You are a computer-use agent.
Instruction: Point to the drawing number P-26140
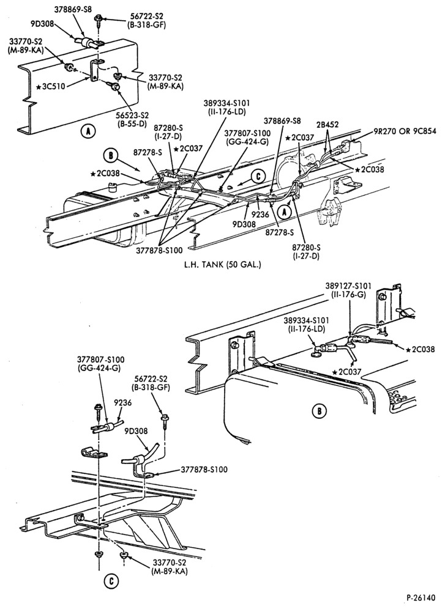point(421,597)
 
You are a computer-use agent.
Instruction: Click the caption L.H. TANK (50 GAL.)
point(222,265)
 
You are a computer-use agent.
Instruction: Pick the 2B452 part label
point(327,125)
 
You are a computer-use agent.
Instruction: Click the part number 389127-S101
point(348,286)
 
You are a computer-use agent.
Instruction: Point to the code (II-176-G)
point(349,294)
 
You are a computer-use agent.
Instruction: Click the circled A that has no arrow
point(88,131)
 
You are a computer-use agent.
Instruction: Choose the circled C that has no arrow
point(111,581)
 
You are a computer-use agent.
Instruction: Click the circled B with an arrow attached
point(111,156)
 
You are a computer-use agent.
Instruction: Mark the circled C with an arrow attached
point(258,177)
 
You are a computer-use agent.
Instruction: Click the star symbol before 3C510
point(39,87)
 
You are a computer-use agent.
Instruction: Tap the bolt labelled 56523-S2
point(116,87)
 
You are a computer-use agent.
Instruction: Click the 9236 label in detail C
point(124,403)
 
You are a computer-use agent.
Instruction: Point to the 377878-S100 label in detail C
point(204,469)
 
